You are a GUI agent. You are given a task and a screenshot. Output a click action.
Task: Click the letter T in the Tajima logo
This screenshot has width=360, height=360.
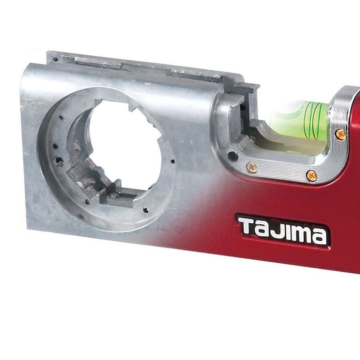pyautogui.click(x=247, y=226)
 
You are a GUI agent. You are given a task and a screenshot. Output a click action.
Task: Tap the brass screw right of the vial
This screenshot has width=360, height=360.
pyautogui.click(x=341, y=134)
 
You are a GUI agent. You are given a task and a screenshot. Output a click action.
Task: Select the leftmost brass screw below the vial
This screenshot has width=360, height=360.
pyautogui.click(x=252, y=168)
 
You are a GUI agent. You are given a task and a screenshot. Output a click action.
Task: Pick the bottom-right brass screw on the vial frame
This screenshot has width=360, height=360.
pyautogui.click(x=311, y=176)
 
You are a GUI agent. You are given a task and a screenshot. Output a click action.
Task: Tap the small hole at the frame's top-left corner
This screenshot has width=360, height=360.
pyautogui.click(x=55, y=59)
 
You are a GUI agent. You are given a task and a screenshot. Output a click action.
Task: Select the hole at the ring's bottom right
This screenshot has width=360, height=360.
pyautogui.click(x=145, y=210)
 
